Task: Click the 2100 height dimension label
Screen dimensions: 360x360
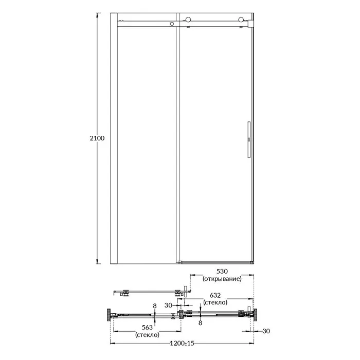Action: (97, 138)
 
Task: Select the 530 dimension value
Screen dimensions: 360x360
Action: (222, 272)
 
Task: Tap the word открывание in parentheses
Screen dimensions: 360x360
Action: (222, 279)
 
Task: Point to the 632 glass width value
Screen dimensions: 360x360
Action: (215, 295)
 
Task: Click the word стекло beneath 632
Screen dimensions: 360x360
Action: (215, 302)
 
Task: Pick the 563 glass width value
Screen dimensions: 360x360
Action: (147, 327)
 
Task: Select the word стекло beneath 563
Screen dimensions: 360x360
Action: (147, 335)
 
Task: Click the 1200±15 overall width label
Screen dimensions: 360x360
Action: (182, 344)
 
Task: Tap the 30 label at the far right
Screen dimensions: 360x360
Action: (266, 331)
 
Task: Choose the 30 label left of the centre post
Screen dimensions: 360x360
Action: (168, 305)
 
